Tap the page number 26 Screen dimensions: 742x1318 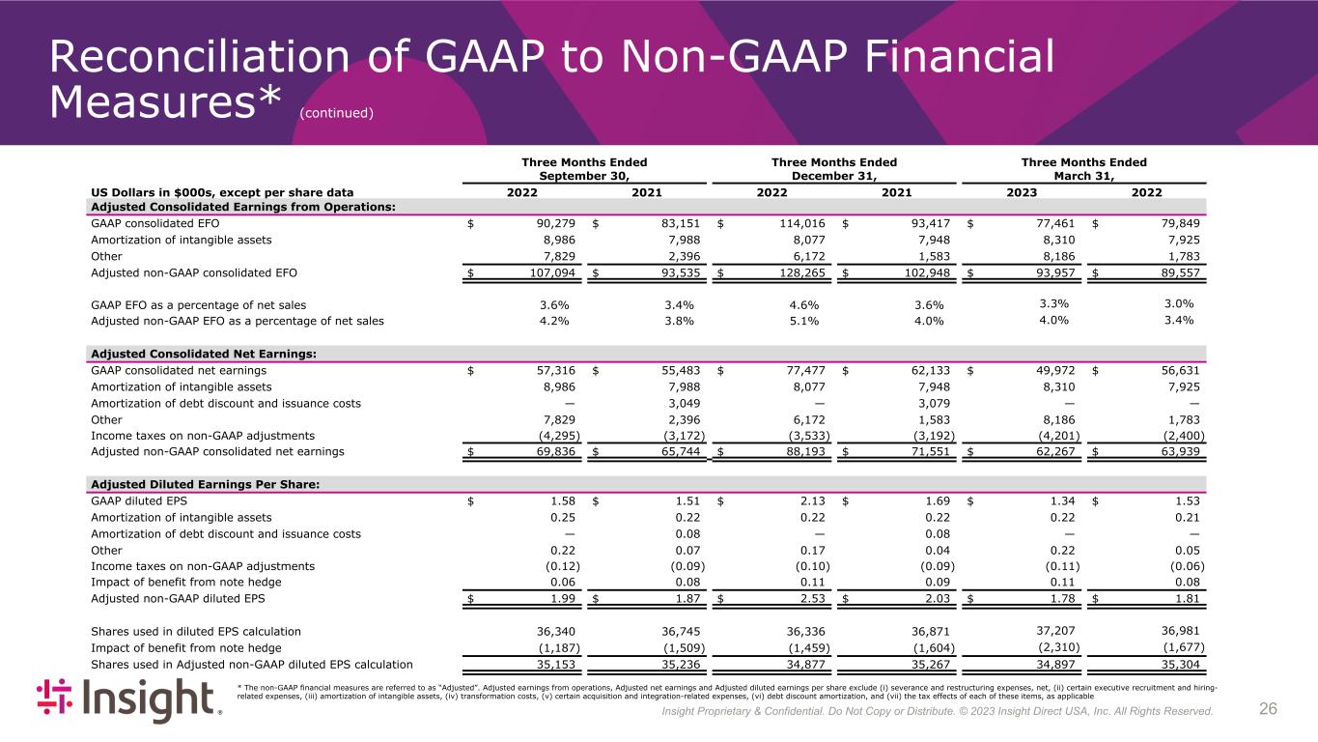(x=1268, y=710)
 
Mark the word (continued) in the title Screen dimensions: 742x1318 (x=336, y=113)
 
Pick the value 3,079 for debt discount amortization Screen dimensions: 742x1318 (x=933, y=403)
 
